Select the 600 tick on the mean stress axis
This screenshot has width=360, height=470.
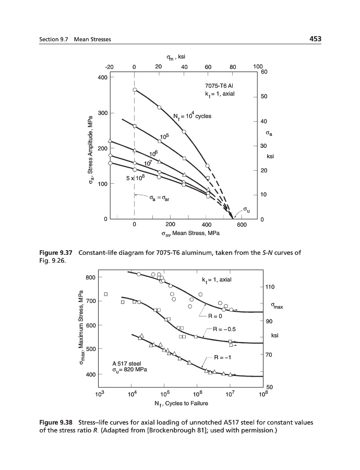pos(242,225)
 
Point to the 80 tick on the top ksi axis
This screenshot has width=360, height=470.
pos(233,67)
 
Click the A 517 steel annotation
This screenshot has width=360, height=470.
pos(127,363)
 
